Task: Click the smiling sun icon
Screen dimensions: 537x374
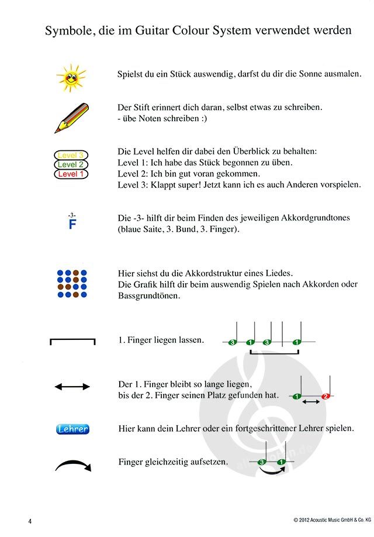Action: tap(71, 78)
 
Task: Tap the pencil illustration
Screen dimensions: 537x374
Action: tap(71, 117)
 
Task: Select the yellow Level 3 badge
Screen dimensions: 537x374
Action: tap(71, 155)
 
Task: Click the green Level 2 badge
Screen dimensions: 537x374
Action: tap(71, 164)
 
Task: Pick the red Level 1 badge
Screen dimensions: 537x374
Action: tap(71, 174)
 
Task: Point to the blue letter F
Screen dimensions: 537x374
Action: tap(72, 225)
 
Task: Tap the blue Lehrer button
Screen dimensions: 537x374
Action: tap(72, 429)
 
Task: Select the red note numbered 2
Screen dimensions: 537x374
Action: tap(326, 397)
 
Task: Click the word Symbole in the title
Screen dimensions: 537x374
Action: tap(65, 30)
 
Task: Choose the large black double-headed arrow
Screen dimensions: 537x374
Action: tap(72, 387)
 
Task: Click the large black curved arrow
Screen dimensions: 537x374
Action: tap(72, 465)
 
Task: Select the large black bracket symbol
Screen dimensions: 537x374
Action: tap(72, 341)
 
